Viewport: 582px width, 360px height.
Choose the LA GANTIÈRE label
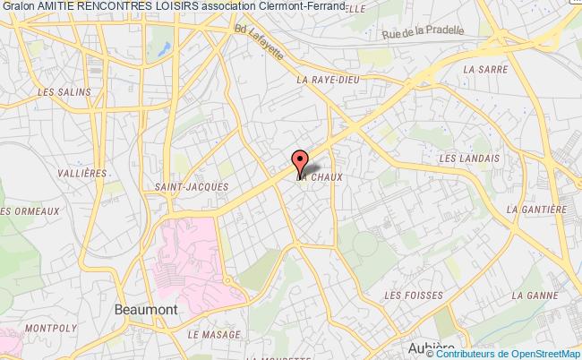click(537, 209)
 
